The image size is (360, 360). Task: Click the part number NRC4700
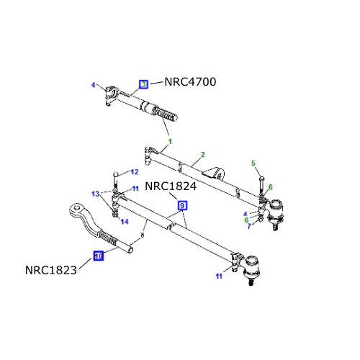click(190, 81)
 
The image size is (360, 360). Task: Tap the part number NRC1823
click(50, 271)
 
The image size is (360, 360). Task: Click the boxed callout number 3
click(143, 84)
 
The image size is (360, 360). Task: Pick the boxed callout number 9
click(183, 205)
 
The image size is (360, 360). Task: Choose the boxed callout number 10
click(99, 254)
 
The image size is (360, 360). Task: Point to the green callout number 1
click(171, 140)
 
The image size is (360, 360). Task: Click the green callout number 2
click(203, 154)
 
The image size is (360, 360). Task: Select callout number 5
click(253, 163)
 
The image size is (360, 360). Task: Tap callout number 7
click(250, 226)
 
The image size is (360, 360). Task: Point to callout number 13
click(94, 193)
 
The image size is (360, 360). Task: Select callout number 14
click(125, 222)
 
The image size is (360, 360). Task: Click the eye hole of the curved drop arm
click(76, 211)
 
